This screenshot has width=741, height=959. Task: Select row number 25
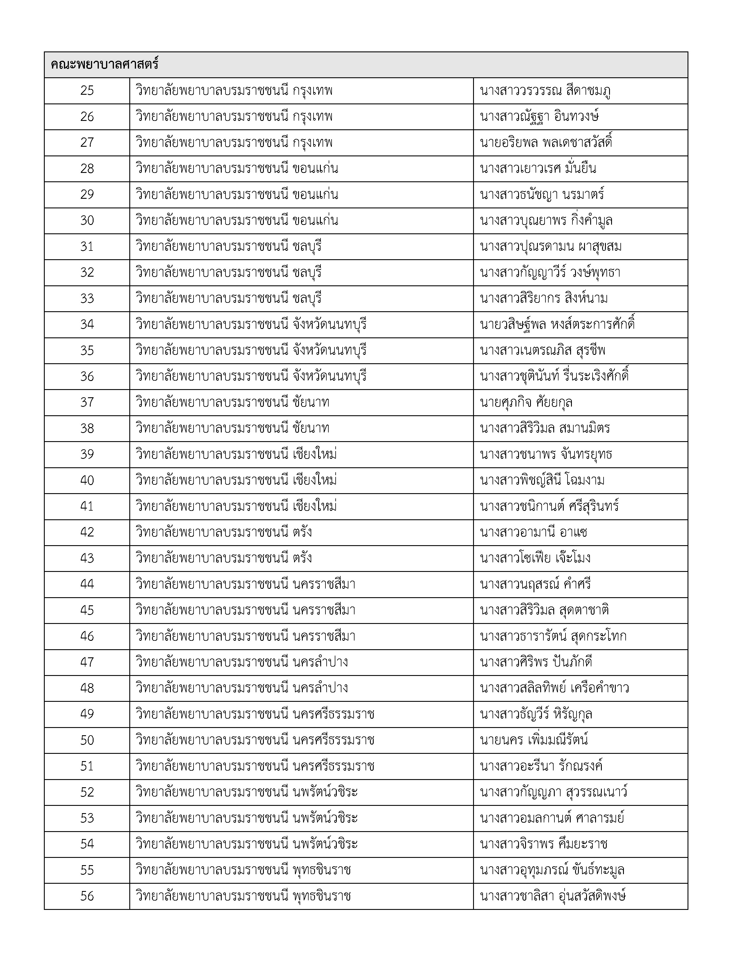click(87, 90)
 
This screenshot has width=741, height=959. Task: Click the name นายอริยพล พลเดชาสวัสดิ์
click(546, 142)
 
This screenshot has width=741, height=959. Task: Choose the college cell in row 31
click(229, 246)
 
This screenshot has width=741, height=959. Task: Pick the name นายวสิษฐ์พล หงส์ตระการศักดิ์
click(557, 325)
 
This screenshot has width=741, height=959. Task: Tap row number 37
click(87, 402)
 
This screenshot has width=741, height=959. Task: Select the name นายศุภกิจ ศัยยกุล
click(526, 402)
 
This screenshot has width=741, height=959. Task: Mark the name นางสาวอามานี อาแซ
click(533, 532)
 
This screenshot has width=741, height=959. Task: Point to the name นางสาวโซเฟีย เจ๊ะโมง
click(535, 558)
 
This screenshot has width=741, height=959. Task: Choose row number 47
click(87, 662)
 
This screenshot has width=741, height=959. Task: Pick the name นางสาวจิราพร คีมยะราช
click(543, 844)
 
